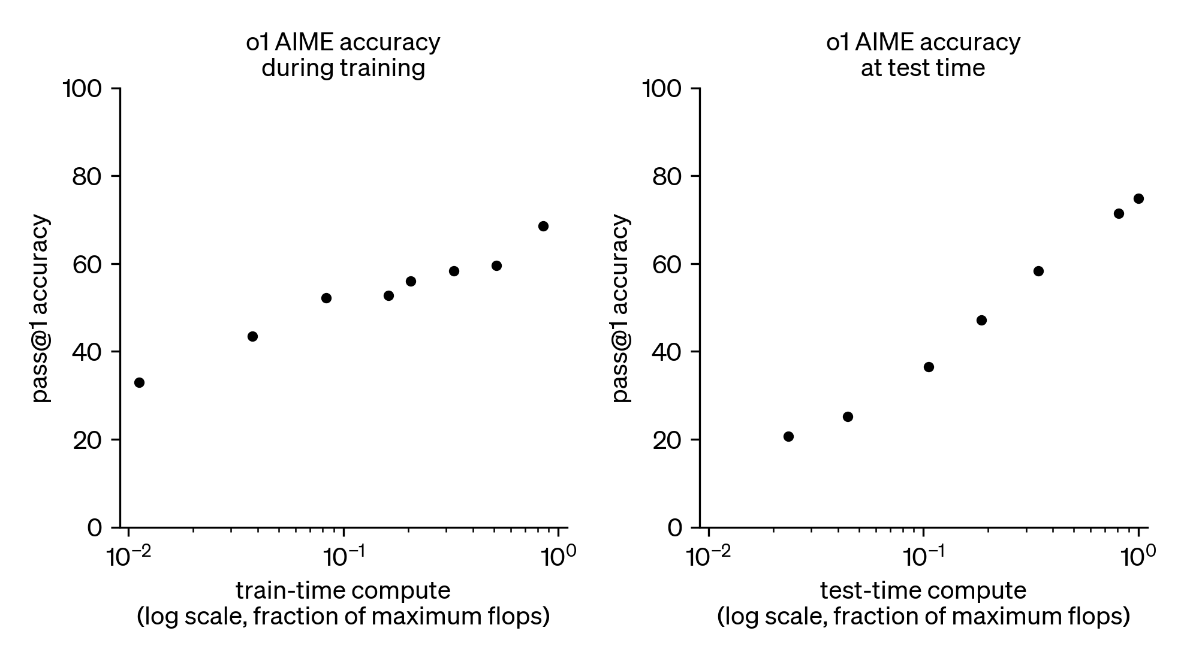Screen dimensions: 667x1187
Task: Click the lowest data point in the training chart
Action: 139,382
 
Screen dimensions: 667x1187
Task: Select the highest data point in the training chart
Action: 543,226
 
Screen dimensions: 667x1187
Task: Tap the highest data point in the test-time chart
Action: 1138,198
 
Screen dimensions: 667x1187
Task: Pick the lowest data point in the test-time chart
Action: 788,436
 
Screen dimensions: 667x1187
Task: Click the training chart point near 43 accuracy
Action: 252,336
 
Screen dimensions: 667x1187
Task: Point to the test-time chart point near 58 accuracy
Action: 1039,271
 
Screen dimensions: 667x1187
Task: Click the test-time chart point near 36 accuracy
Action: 929,367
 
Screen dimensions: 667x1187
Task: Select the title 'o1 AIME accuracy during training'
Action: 343,55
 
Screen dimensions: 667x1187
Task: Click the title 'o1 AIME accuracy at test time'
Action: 923,55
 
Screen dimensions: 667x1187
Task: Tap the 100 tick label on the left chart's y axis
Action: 83,89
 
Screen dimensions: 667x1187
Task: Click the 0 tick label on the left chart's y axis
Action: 95,528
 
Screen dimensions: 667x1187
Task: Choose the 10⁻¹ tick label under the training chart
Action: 343,557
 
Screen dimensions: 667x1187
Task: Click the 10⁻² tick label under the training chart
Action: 127,557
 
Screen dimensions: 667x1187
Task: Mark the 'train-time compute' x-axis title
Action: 343,591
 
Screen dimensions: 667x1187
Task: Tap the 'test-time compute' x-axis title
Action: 923,591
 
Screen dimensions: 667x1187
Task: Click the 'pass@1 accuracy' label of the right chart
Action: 622,308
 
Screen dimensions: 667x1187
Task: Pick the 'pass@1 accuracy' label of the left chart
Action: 41,308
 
